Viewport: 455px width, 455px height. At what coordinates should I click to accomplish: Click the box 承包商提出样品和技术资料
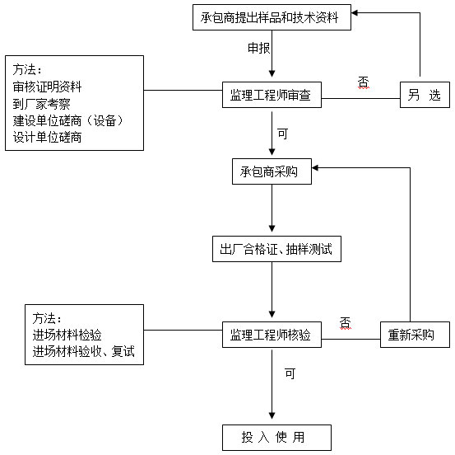coord(272,17)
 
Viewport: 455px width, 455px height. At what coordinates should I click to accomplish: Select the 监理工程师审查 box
coord(272,95)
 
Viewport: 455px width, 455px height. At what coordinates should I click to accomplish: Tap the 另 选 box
coord(425,95)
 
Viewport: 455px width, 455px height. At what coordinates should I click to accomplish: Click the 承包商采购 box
coord(272,171)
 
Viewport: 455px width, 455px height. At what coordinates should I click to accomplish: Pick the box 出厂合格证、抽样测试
coord(276,249)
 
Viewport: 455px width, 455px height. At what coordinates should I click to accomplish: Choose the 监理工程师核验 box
coord(272,335)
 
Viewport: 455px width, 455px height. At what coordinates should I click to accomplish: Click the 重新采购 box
coord(415,335)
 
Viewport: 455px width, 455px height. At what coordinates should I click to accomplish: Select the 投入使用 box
coord(276,437)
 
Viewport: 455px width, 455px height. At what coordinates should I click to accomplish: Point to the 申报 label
coord(259,48)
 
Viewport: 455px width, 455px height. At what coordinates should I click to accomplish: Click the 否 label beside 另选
coord(364,82)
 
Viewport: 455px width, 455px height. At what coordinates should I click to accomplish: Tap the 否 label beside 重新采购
coord(346,323)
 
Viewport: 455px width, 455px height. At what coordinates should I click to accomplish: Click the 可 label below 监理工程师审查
coord(283,134)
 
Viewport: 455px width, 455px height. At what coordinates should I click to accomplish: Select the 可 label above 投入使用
coord(290,374)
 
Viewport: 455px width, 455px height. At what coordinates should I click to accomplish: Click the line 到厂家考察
coord(41,104)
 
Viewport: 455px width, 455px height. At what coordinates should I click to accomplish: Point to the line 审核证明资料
coord(47,87)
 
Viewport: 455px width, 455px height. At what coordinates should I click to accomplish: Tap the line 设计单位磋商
coord(47,138)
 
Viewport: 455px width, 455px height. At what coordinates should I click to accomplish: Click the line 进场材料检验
coord(67,335)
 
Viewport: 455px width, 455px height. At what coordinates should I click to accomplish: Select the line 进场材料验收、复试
coord(84,352)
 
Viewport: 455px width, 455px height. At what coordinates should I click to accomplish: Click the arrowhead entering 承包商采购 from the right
coord(315,168)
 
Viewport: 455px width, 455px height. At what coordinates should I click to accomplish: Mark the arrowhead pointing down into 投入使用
coord(272,415)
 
